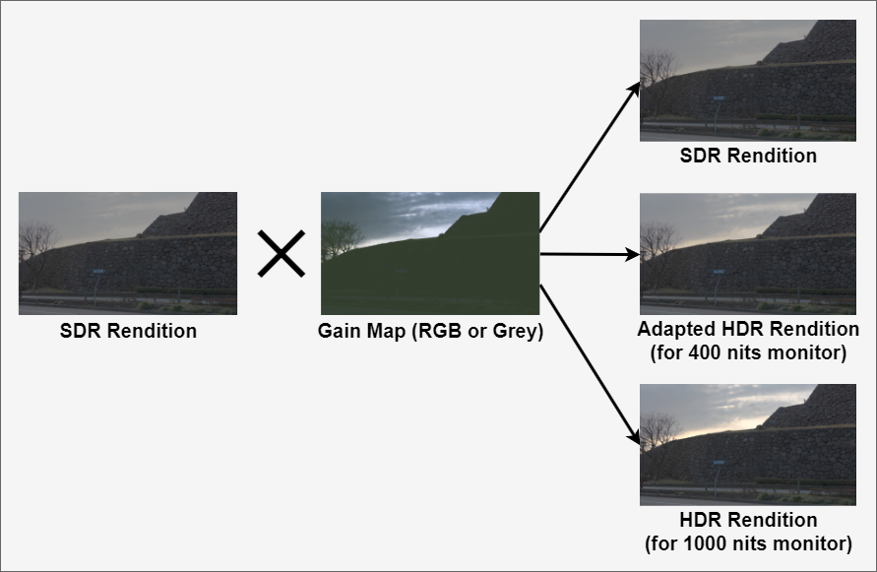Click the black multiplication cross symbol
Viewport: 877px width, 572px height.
(282, 254)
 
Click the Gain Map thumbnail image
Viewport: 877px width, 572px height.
(430, 253)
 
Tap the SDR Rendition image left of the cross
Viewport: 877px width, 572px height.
(128, 253)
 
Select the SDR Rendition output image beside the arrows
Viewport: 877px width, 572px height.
(748, 81)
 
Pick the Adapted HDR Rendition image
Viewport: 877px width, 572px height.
(748, 253)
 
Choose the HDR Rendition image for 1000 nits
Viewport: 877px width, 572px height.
(748, 444)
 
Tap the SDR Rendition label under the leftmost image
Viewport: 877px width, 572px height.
(128, 331)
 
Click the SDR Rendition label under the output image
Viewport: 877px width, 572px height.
(748, 156)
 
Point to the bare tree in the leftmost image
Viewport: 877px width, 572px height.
(36, 240)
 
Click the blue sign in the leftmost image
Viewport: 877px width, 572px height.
(97, 270)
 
